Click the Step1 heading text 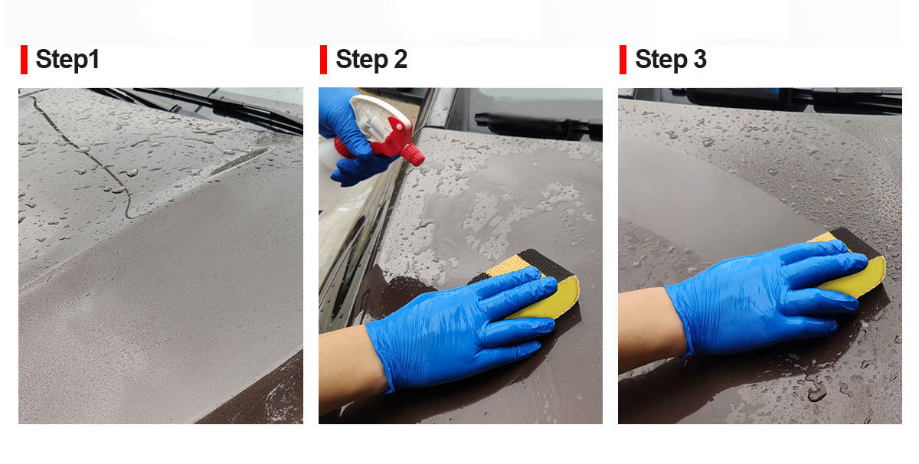click(67, 59)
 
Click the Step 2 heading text click(371, 59)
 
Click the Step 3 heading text click(671, 59)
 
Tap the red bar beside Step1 click(25, 60)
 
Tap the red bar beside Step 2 click(324, 60)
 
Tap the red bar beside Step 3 click(623, 60)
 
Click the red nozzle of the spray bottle click(413, 155)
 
